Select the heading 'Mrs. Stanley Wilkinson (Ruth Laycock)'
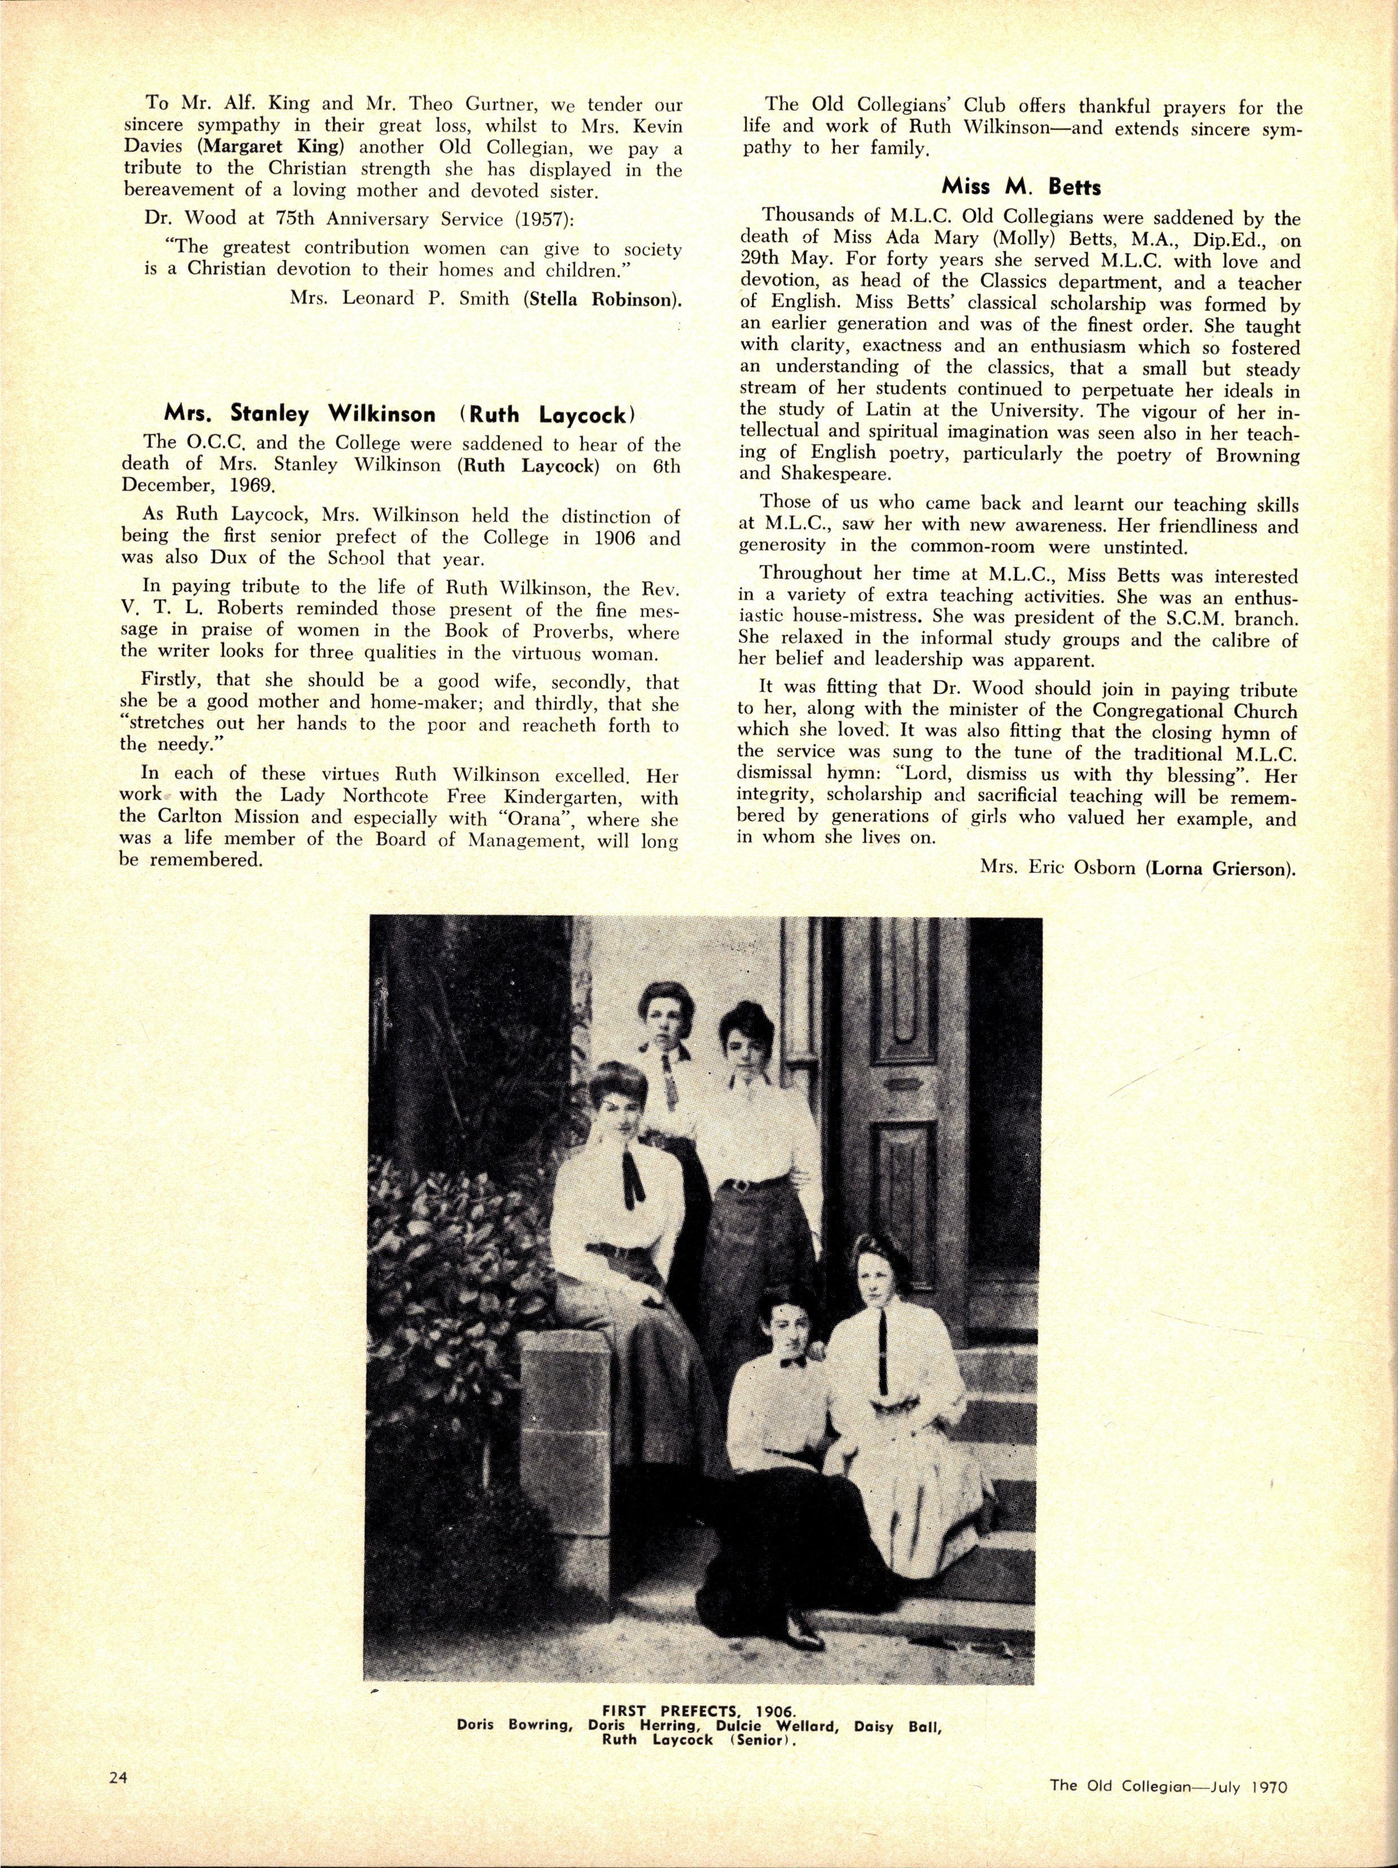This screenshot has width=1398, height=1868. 399,414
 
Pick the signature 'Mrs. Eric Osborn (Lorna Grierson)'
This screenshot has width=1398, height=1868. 1138,871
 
